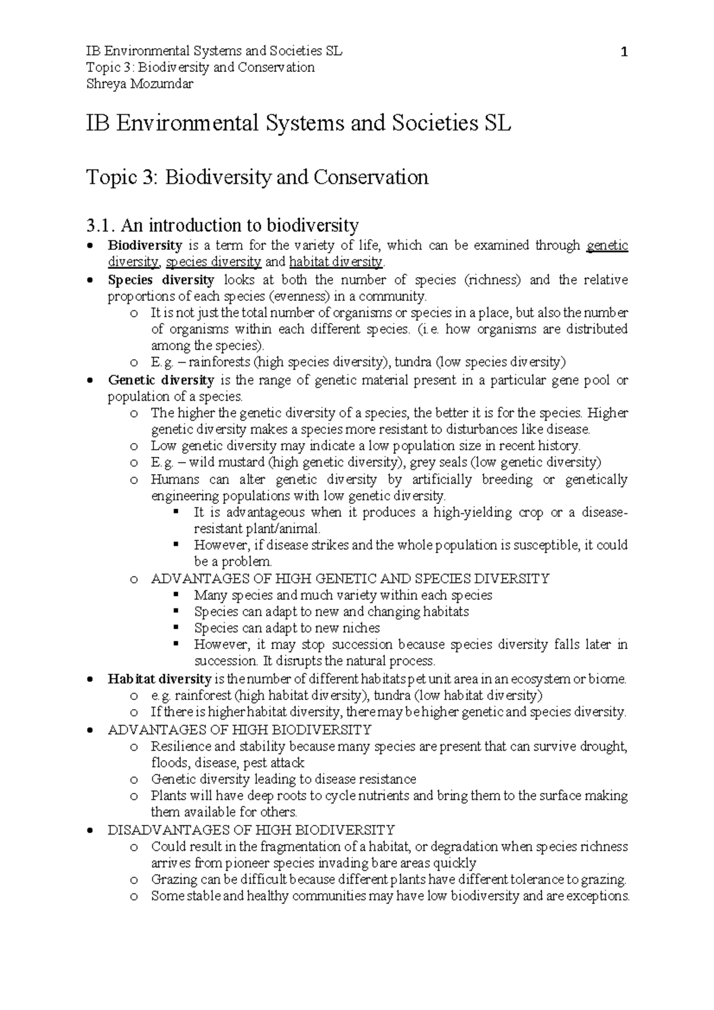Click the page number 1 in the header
[x=624, y=53]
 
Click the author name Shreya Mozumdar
[x=140, y=84]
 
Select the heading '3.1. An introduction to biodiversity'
[x=222, y=225]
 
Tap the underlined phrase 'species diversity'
[x=214, y=262]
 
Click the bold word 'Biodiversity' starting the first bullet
[x=145, y=245]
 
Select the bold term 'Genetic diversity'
[x=161, y=379]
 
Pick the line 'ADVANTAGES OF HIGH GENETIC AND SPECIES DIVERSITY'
[x=350, y=578]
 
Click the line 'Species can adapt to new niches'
[x=287, y=628]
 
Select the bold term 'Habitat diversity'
[x=159, y=679]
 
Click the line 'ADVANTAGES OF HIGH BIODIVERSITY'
[x=239, y=729]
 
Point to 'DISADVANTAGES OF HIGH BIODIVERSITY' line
[x=251, y=829]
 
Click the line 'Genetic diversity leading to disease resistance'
[x=283, y=779]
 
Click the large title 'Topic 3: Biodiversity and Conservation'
[x=257, y=177]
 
